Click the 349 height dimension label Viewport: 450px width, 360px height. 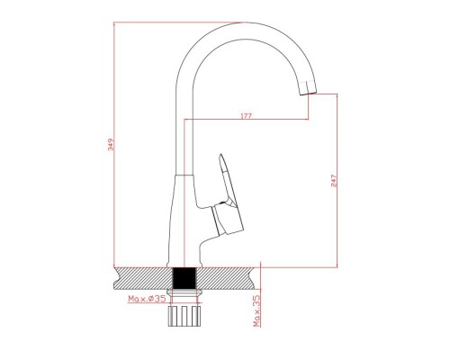[112, 144]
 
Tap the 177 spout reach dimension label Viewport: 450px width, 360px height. [247, 115]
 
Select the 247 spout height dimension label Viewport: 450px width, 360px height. [334, 181]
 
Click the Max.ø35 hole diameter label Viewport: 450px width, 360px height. [147, 299]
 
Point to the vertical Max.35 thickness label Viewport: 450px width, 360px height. [256, 310]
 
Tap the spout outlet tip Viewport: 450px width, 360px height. [309, 94]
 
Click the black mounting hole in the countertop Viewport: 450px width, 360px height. [184, 278]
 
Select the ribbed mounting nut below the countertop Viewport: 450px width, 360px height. [184, 316]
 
